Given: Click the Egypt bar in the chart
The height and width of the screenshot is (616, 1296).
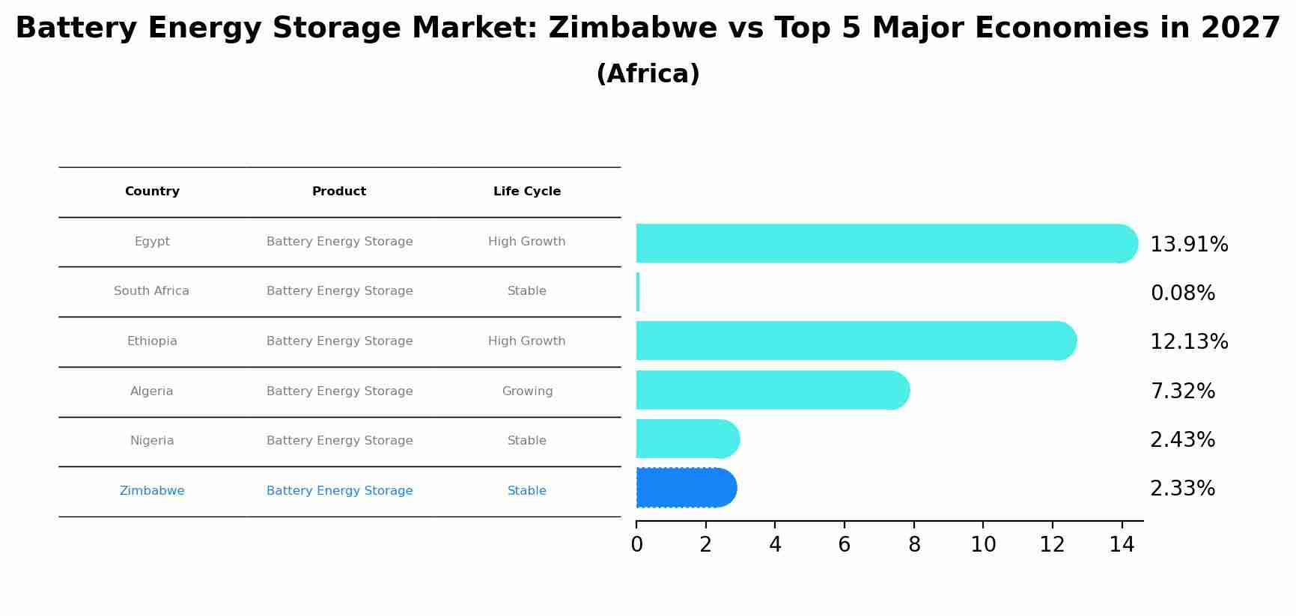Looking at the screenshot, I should [883, 243].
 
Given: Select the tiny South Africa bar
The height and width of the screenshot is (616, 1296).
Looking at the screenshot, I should [638, 292].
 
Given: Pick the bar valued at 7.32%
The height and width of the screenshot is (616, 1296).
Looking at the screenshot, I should [771, 390].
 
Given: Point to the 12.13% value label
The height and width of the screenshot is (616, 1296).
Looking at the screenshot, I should [1189, 342].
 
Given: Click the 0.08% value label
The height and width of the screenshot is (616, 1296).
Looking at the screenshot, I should [1183, 293].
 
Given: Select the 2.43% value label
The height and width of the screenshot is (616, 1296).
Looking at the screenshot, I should [1183, 440].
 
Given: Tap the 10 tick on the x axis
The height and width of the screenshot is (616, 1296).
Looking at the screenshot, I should [983, 545].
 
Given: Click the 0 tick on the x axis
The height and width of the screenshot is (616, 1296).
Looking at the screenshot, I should [636, 545].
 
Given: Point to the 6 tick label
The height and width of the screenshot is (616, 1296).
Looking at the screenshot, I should [845, 545].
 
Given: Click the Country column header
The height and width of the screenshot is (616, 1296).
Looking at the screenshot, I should [152, 192].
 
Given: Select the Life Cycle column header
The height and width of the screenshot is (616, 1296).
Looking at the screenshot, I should [527, 192].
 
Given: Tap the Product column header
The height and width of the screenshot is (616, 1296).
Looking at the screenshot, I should [339, 192].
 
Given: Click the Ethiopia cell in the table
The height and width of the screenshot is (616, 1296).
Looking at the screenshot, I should [152, 341].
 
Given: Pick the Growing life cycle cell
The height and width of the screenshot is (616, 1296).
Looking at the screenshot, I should [527, 391].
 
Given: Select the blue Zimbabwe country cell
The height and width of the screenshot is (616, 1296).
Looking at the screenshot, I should [152, 491].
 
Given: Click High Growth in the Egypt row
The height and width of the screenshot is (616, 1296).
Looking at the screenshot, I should [527, 242].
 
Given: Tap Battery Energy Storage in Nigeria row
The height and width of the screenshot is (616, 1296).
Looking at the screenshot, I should [339, 441].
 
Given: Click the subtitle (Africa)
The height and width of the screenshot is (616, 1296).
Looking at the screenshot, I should [648, 74].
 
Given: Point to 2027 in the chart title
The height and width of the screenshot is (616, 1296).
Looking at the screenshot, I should [1240, 28].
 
